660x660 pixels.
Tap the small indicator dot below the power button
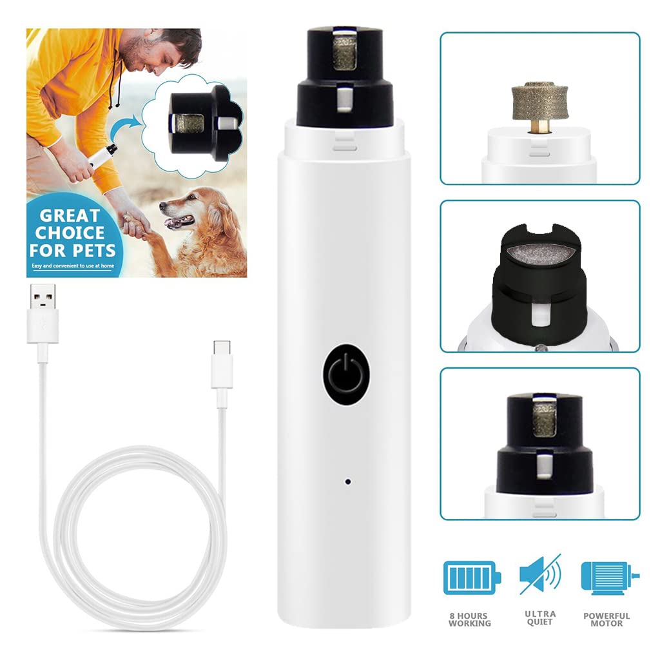click(x=347, y=481)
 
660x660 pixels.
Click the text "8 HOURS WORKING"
click(x=469, y=619)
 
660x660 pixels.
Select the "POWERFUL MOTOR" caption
click(x=607, y=619)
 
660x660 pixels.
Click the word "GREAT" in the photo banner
click(x=70, y=215)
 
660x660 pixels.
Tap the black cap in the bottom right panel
click(x=539, y=445)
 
